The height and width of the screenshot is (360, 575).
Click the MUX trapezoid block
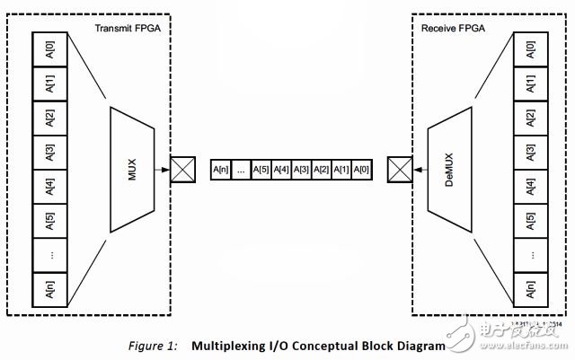(x=132, y=168)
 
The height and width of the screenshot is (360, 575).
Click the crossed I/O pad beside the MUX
(x=182, y=168)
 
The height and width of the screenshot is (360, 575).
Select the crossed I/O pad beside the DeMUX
(x=400, y=168)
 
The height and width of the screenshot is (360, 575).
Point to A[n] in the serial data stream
(x=221, y=169)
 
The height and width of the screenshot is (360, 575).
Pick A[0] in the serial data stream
(x=360, y=169)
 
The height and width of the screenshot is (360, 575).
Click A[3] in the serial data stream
(x=301, y=169)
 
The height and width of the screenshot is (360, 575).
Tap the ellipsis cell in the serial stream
(x=241, y=169)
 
